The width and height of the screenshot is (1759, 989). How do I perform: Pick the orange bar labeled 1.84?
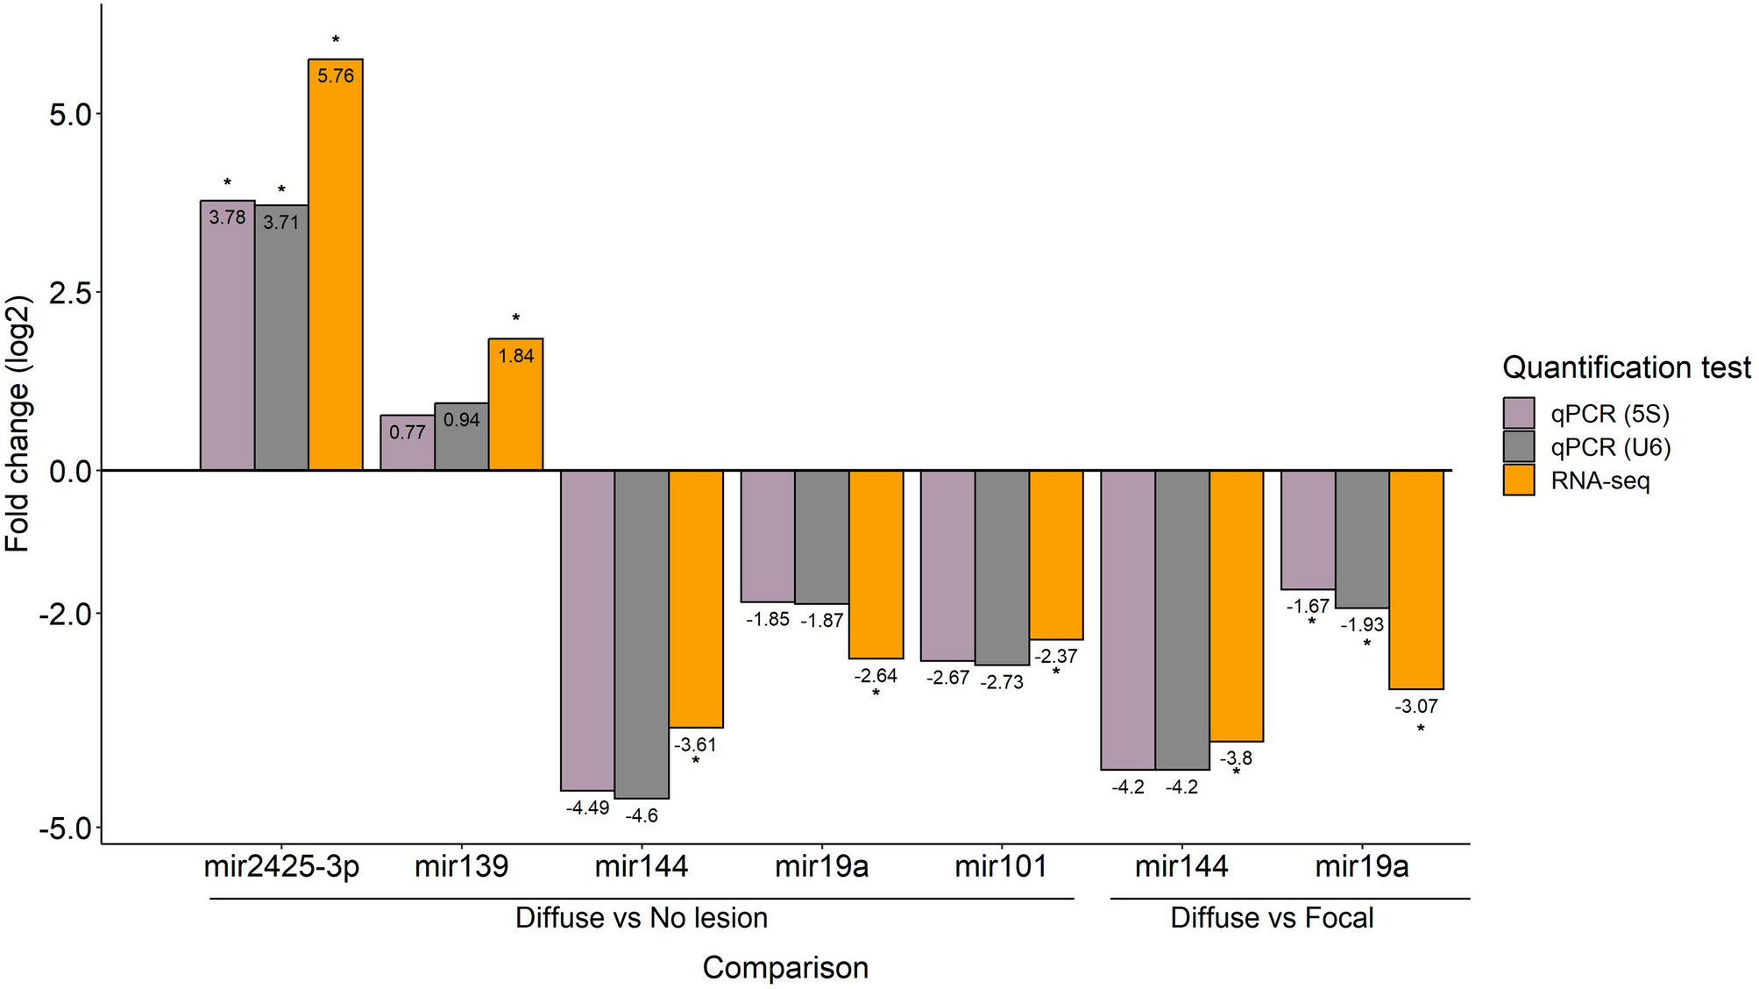515,404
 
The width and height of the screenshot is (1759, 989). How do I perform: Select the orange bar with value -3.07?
1415,580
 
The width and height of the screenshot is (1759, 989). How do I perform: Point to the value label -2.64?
876,676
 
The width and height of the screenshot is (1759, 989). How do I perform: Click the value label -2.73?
1002,682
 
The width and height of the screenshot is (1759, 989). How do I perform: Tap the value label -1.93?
1362,625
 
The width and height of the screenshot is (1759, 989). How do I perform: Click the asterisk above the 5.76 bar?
336,40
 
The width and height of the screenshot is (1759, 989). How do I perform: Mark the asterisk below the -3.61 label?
696,761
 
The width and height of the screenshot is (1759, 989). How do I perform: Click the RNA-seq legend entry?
1599,480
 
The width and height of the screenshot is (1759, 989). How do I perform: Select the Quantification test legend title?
1626,367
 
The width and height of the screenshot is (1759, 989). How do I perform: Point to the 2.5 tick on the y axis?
70,293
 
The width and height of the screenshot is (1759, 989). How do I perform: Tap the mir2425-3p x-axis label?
281,867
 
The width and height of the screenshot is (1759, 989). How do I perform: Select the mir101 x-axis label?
1001,867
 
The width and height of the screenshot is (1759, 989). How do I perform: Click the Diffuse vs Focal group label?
1272,918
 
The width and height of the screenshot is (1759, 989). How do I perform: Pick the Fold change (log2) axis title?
19,423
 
